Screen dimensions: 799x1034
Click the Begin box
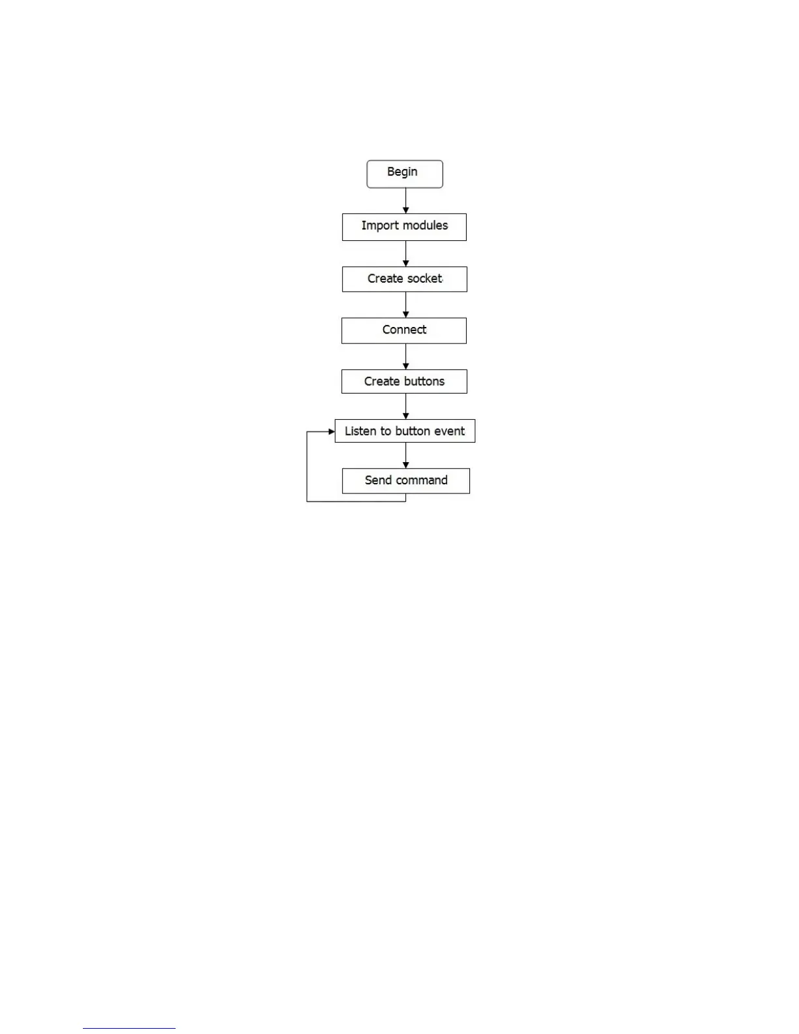pos(405,174)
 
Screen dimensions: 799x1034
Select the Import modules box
pos(404,227)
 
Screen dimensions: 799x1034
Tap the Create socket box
pos(404,279)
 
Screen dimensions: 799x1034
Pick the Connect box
pos(404,330)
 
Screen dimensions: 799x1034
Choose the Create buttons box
pos(404,381)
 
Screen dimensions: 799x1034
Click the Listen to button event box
pos(405,431)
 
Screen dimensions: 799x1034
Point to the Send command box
pos(405,480)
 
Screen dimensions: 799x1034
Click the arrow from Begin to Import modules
pos(406,201)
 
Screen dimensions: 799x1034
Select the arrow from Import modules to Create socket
pos(406,253)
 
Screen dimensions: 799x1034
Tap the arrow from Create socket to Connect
pos(406,305)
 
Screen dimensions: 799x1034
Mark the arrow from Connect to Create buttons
pos(406,356)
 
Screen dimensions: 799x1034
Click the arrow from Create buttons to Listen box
pos(406,406)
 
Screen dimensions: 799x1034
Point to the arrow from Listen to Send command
pos(406,456)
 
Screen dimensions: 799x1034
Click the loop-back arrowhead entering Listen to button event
pos(331,431)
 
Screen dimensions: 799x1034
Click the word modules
pos(426,225)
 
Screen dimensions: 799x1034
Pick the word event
pos(449,431)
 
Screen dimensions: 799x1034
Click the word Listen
pos(360,431)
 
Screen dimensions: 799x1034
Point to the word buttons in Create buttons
pos(424,381)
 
